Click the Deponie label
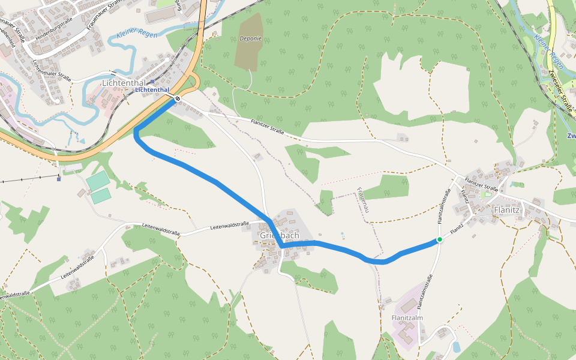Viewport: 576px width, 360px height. [250, 38]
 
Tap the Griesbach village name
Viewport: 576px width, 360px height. [280, 235]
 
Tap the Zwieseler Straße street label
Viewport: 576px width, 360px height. [560, 91]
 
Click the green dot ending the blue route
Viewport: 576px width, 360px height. [439, 240]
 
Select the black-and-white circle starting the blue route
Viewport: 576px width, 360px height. [178, 98]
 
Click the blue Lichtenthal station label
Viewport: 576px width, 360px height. [152, 90]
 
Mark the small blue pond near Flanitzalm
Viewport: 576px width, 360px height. [456, 347]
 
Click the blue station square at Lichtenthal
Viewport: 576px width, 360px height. [152, 82]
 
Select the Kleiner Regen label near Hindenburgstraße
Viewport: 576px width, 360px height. [137, 35]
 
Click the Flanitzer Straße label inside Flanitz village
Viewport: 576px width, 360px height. [482, 187]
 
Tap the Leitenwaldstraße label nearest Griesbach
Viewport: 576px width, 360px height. [229, 226]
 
